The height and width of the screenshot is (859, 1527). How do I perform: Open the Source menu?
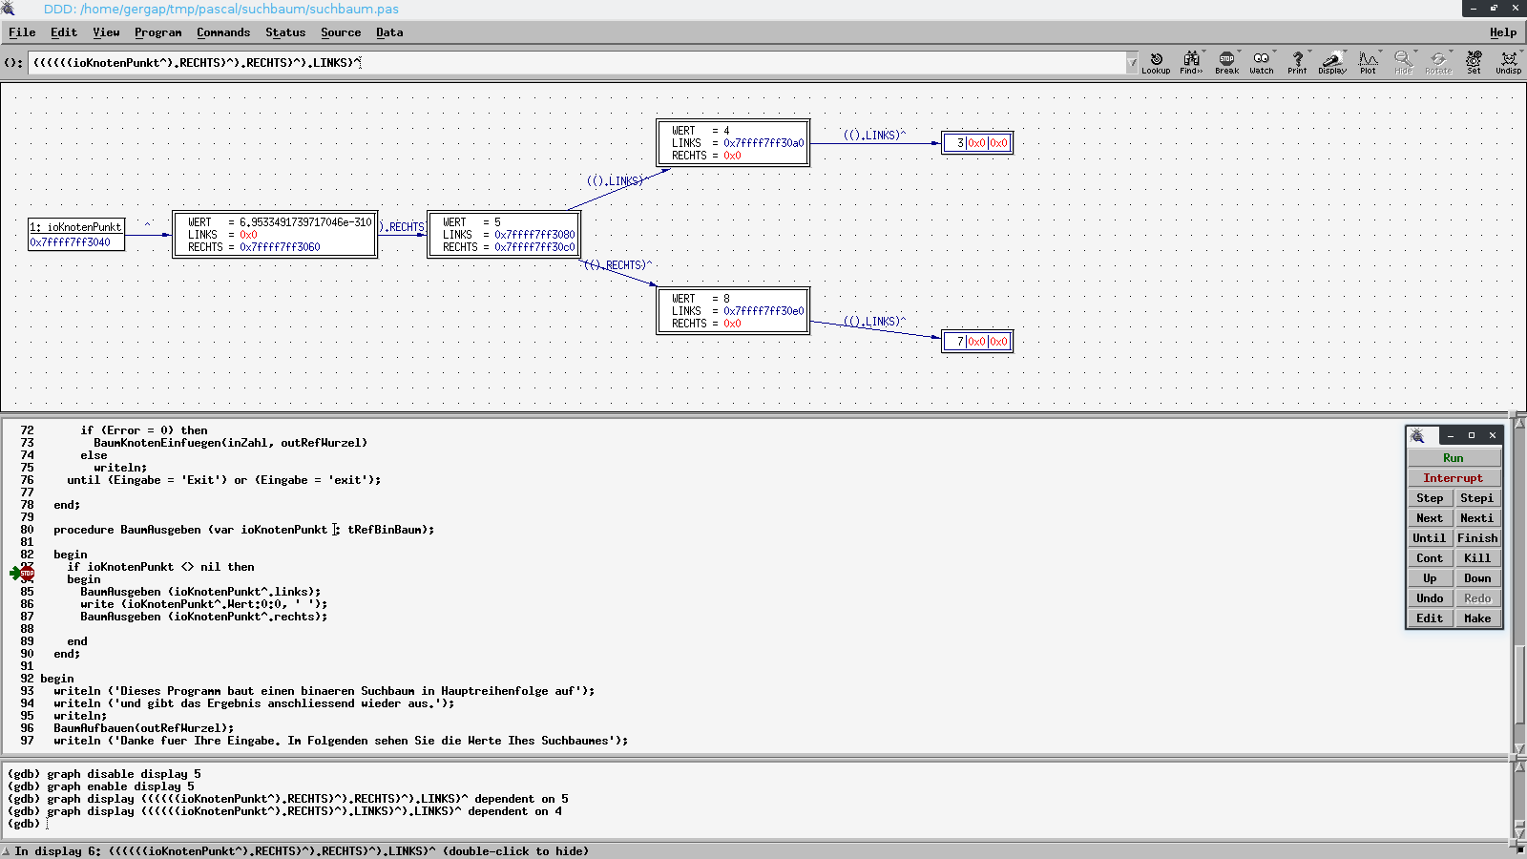[x=341, y=32]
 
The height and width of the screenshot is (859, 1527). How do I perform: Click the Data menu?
[x=389, y=32]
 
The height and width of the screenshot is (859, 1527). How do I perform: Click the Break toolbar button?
[x=1226, y=63]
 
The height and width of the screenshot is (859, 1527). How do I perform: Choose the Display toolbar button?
[x=1332, y=63]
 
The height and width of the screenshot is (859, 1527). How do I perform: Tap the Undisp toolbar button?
[x=1508, y=63]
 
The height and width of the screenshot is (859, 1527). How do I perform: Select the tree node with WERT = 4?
[x=733, y=142]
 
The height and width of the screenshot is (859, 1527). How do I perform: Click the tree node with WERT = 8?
[x=733, y=311]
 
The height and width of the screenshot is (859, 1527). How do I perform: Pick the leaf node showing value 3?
[x=977, y=143]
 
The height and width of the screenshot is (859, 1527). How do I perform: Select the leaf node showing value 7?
[x=977, y=342]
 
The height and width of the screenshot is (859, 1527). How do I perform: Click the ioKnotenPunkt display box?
[x=76, y=235]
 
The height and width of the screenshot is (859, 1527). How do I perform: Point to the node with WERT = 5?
[x=504, y=235]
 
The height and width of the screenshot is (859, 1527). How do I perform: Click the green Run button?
[x=1454, y=458]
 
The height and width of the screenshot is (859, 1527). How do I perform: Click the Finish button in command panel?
[x=1477, y=538]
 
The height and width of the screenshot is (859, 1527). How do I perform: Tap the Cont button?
[x=1430, y=558]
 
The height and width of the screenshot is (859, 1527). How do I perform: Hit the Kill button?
[x=1477, y=558]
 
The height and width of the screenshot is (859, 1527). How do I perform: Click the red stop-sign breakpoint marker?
[x=28, y=574]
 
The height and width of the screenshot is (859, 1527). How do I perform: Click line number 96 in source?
[x=27, y=728]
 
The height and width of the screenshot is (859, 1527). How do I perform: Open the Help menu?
[x=1503, y=32]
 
